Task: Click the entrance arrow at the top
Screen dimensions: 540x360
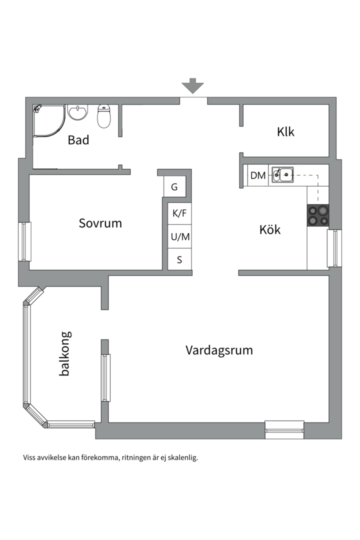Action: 193,86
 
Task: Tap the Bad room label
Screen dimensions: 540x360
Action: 78,140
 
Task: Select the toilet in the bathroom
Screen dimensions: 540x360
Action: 104,116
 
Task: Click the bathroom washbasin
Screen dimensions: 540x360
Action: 78,112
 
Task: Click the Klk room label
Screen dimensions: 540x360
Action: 285,132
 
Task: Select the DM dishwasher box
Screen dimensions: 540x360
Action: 258,175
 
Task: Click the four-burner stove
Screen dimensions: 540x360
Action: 318,215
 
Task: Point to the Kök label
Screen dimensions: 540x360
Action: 269,230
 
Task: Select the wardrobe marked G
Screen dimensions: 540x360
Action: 174,187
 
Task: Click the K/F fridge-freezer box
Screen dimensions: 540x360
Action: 179,213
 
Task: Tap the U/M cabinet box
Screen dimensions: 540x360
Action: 180,237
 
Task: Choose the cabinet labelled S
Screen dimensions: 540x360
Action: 179,260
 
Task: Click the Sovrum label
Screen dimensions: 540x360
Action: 100,223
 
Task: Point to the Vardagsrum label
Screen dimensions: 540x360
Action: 219,350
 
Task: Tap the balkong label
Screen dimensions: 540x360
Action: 64,353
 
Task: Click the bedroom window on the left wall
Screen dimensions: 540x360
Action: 24,241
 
